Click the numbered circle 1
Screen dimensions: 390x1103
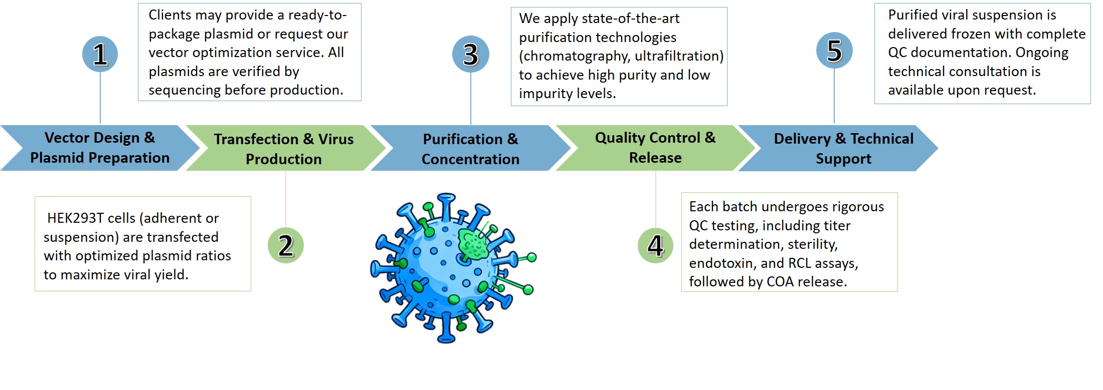point(100,54)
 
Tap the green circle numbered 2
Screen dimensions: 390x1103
point(286,245)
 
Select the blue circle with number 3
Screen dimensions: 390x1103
point(470,54)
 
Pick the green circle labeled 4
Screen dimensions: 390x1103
point(655,245)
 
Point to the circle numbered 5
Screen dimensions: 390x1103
point(834,51)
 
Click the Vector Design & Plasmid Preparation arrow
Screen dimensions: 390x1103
point(100,148)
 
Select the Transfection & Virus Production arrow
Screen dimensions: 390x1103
point(284,149)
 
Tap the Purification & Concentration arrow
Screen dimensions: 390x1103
point(470,149)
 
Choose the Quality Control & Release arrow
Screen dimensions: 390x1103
point(655,148)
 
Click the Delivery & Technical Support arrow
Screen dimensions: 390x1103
point(843,149)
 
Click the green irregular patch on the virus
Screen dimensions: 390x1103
point(473,244)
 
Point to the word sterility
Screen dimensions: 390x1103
point(812,244)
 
